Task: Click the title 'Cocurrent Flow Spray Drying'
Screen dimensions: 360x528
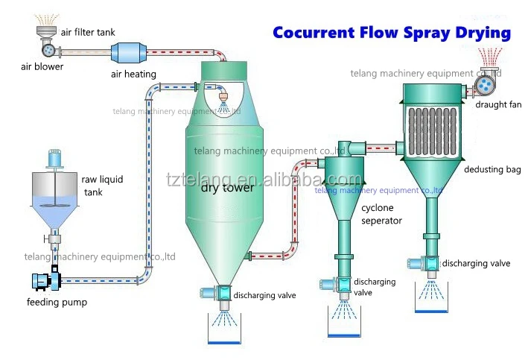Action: (x=392, y=33)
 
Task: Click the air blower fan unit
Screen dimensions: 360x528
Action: (x=48, y=51)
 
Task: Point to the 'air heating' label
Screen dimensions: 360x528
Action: (x=133, y=74)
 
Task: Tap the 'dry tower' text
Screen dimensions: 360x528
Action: (x=227, y=188)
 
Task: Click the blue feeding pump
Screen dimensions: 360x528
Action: (x=42, y=281)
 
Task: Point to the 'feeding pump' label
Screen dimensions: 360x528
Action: (x=57, y=303)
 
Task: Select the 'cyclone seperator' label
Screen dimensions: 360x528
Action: (x=381, y=214)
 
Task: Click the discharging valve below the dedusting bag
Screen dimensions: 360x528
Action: (x=429, y=263)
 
